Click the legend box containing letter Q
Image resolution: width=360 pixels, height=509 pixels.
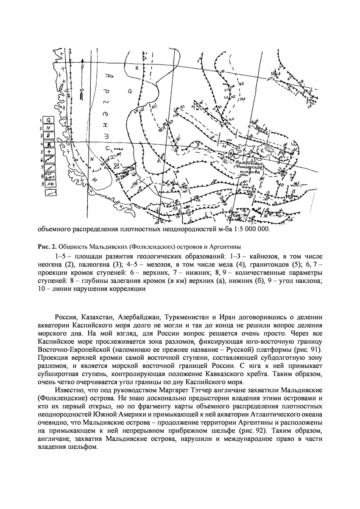(49, 120)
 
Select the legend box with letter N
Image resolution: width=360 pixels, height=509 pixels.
(49, 128)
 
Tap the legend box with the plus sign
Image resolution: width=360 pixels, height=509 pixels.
(49, 151)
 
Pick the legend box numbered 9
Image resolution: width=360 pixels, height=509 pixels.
(49, 183)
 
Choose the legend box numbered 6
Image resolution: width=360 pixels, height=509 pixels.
(49, 159)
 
